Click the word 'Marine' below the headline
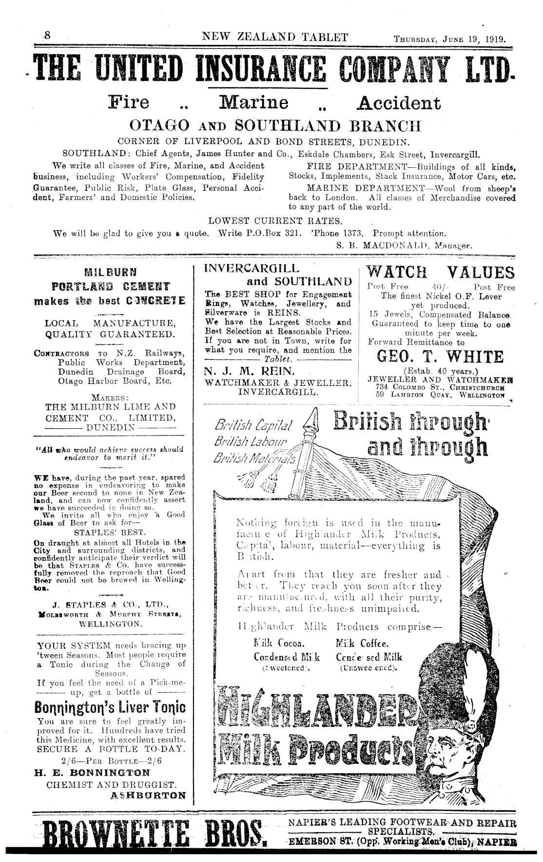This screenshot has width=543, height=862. click(254, 103)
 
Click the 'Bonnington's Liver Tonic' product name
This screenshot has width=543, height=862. click(111, 707)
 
